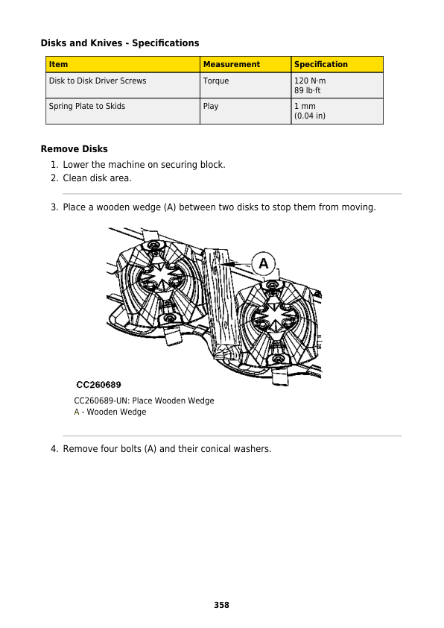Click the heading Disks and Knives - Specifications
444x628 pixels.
119,43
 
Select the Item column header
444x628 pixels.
58,65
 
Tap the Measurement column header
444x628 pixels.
231,65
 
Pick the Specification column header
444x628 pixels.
320,65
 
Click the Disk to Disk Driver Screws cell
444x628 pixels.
97,81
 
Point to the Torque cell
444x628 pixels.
216,81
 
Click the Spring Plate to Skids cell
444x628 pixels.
86,106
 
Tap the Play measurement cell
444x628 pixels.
211,106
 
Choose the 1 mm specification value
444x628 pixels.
305,106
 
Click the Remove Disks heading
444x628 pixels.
74,149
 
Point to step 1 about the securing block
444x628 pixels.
144,164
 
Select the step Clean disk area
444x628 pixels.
97,178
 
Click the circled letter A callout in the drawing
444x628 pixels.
264,263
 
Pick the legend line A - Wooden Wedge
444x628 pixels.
110,412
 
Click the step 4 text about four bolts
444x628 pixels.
167,449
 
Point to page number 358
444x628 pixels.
221,605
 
